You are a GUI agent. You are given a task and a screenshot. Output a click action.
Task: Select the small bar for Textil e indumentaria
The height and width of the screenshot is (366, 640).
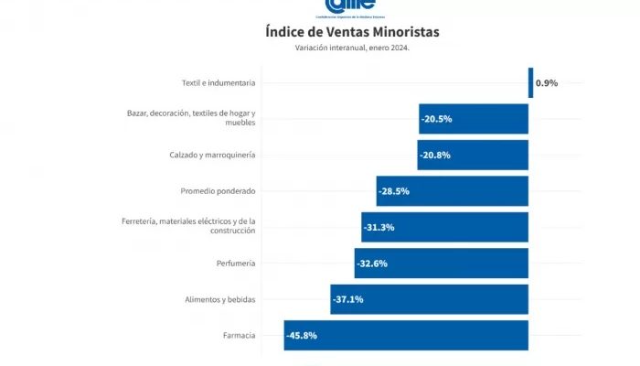click(x=530, y=82)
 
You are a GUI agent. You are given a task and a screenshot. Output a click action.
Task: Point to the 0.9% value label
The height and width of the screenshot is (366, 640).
click(x=547, y=83)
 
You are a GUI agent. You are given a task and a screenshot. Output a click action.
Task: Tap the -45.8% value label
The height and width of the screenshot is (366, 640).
click(x=302, y=336)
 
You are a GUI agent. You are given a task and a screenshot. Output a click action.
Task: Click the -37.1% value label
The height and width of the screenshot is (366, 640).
click(x=348, y=299)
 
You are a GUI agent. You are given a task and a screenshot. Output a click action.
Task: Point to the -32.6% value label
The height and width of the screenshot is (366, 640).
click(x=372, y=264)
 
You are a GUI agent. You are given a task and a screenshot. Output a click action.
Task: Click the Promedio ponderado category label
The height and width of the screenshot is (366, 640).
click(x=218, y=191)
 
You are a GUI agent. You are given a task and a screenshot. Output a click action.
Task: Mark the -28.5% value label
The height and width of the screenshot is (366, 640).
click(x=394, y=191)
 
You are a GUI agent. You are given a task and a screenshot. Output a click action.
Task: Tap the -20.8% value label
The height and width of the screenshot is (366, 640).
click(x=435, y=155)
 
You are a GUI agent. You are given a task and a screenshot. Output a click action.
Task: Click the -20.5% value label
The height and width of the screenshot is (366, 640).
click(x=437, y=119)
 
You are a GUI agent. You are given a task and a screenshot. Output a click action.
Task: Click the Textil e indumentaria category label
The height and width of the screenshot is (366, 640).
click(x=218, y=83)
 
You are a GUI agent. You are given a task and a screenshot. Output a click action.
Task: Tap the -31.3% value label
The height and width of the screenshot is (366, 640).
click(x=379, y=227)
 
